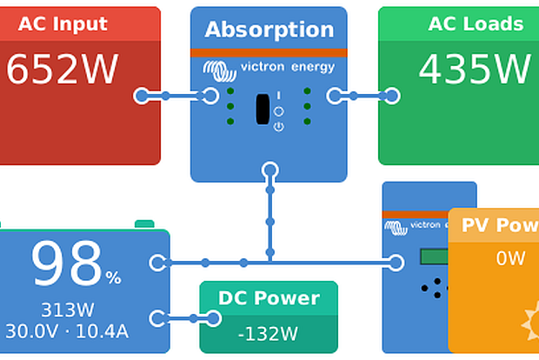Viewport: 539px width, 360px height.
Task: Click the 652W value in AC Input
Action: [x=62, y=70]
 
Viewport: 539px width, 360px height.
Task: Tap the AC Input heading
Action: [x=62, y=23]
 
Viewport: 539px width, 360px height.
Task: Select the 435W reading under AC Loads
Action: [x=474, y=70]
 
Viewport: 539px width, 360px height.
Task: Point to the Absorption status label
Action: [x=269, y=30]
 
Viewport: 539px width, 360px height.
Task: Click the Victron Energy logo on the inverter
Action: [x=269, y=67]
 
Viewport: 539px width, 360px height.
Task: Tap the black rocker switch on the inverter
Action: [x=263, y=109]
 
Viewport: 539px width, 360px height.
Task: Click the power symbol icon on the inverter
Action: [x=278, y=127]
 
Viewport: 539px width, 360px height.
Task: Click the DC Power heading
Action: [x=269, y=298]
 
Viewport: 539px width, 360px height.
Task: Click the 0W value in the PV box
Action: [x=511, y=258]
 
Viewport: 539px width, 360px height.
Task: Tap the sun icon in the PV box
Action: [x=530, y=325]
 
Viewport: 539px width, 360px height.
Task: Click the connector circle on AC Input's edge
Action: [x=142, y=96]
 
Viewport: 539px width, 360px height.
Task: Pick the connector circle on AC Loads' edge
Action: [x=392, y=96]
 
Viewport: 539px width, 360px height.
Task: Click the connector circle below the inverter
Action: [x=269, y=170]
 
